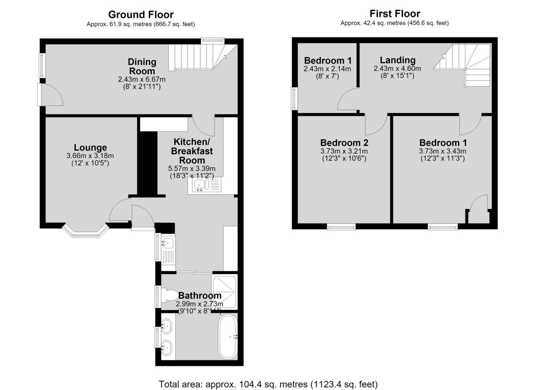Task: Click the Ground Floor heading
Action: pos(141,15)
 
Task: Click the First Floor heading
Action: pos(395,14)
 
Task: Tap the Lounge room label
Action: pos(90,147)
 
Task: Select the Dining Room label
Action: pos(142,66)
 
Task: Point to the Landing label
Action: pos(398,60)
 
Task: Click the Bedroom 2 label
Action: pos(344,143)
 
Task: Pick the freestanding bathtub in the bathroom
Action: pos(227,337)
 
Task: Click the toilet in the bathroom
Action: pos(169,296)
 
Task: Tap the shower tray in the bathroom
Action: pos(224,292)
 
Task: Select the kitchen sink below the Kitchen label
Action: pos(205,185)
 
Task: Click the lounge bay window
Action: pos(85,231)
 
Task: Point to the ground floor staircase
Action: pos(203,57)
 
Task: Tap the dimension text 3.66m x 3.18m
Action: pos(90,156)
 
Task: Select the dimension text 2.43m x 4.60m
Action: pos(397,68)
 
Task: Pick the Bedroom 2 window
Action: pos(341,226)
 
